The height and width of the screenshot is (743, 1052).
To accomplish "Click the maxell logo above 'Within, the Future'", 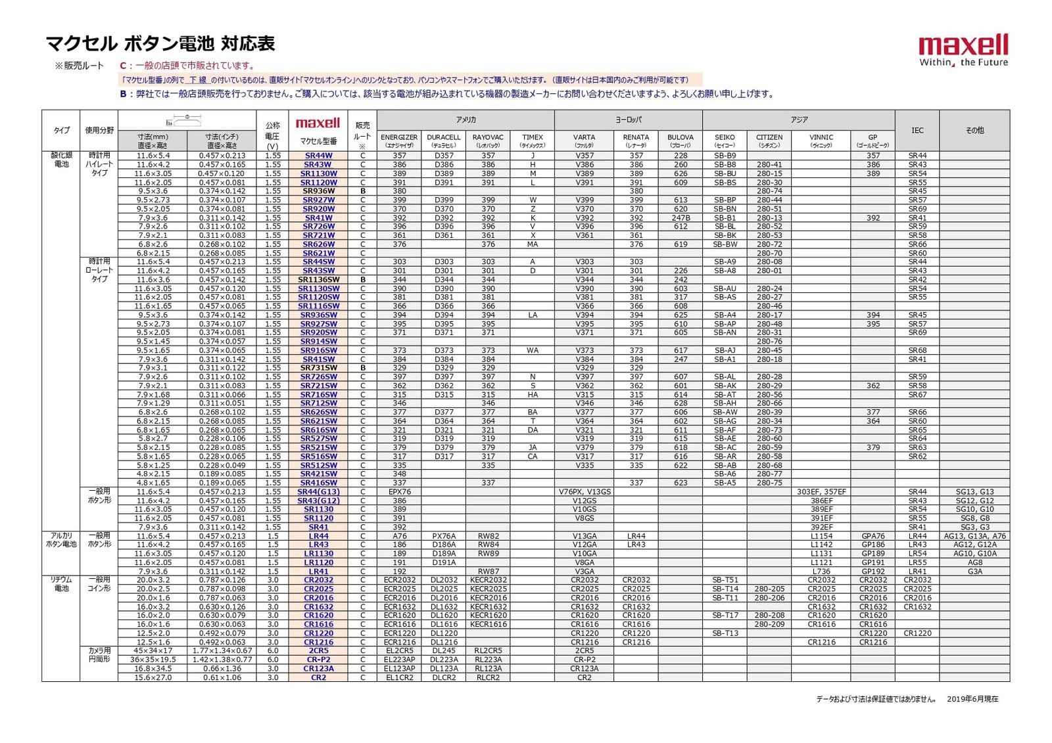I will (x=963, y=45).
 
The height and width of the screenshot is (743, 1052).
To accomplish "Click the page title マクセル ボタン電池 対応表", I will (x=160, y=44).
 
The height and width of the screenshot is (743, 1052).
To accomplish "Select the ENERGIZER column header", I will (x=399, y=141).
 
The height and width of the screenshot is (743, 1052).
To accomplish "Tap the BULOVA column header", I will (x=681, y=141).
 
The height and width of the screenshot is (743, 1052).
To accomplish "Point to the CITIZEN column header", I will (x=769, y=141).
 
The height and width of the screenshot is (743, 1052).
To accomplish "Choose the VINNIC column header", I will (x=821, y=141).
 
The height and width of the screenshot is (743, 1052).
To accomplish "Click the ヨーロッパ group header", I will (x=628, y=120).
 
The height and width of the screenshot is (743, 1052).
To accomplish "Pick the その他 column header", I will (x=974, y=130).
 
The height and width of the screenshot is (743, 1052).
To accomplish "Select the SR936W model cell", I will (x=319, y=191).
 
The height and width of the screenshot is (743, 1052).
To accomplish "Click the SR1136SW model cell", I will (x=319, y=280).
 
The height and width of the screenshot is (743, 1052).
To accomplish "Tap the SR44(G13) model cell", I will (x=319, y=492).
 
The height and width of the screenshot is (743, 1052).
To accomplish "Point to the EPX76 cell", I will (x=399, y=492).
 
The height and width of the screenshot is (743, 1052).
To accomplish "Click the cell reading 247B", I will (x=681, y=218).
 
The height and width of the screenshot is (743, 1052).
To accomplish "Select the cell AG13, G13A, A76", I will (x=974, y=536).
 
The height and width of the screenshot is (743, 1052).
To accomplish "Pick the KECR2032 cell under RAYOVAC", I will (x=489, y=580).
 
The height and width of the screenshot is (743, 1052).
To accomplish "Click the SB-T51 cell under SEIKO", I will (x=725, y=580).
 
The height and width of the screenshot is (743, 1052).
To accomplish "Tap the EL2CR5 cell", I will (x=399, y=651).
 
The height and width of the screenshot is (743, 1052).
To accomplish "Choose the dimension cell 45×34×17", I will (x=153, y=651).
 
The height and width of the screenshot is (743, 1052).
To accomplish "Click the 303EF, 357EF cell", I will (x=821, y=492).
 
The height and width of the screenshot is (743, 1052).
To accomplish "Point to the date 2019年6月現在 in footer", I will (x=972, y=699).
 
